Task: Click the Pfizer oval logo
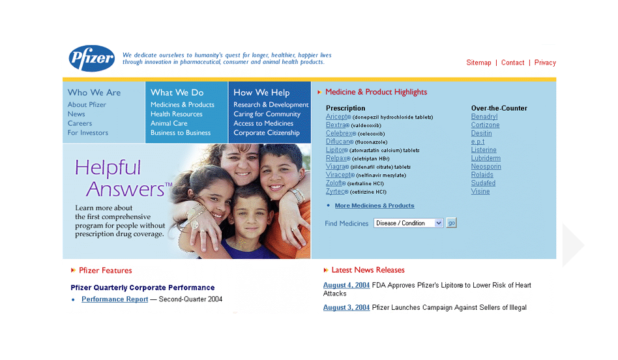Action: click(x=92, y=59)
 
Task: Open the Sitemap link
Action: click(x=478, y=63)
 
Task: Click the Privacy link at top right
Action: click(x=545, y=63)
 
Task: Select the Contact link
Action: click(x=512, y=63)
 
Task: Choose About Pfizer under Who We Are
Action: click(x=87, y=104)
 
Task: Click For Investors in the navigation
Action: click(x=88, y=132)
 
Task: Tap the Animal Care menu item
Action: click(x=169, y=123)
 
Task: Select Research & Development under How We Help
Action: click(x=271, y=104)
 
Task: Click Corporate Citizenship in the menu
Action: click(x=267, y=132)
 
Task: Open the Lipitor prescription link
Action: click(x=336, y=150)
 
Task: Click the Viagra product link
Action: click(x=335, y=166)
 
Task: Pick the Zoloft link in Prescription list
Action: click(x=334, y=183)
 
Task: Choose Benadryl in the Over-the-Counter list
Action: click(x=484, y=117)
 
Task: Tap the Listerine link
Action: click(x=484, y=150)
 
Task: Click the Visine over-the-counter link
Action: click(x=480, y=192)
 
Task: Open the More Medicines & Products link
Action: click(x=374, y=205)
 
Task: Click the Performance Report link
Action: click(x=115, y=299)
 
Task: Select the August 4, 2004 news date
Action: click(x=346, y=285)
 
